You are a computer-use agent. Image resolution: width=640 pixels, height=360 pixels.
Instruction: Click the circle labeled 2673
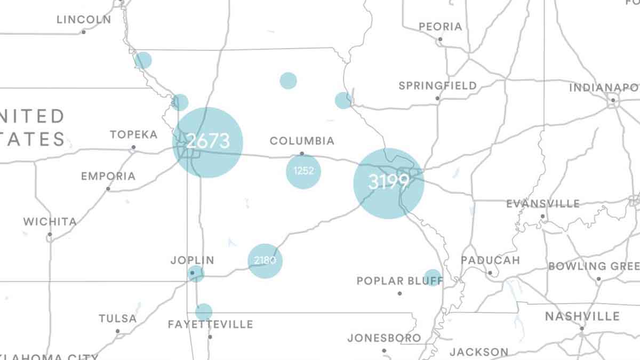[x=208, y=142]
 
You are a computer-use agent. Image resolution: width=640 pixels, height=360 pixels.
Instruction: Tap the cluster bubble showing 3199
[x=388, y=183]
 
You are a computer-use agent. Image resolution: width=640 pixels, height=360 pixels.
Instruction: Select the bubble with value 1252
[x=303, y=171]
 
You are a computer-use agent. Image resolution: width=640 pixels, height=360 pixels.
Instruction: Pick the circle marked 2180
[x=265, y=261]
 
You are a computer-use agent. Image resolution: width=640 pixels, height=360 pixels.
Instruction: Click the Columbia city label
[x=302, y=141]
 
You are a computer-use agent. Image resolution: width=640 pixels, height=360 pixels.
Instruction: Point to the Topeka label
[x=133, y=134]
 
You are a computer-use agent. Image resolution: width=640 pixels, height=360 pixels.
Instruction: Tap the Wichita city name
[x=50, y=221]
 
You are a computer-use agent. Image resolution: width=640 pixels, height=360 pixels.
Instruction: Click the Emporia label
[x=108, y=176]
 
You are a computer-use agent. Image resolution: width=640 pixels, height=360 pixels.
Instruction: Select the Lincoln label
[x=84, y=20]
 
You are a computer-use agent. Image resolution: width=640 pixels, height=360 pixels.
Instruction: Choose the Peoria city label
[x=440, y=27]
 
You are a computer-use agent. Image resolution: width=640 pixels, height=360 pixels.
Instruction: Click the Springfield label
[x=437, y=85]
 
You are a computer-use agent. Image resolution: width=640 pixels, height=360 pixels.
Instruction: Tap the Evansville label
[x=542, y=204]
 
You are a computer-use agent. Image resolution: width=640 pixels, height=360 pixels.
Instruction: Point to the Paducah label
[x=490, y=260]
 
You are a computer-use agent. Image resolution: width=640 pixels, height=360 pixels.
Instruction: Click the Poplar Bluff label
[x=392, y=281]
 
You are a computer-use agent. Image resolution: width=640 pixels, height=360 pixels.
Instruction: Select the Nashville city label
[x=582, y=317]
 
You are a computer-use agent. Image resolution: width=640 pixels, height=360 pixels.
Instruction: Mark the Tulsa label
[x=117, y=318]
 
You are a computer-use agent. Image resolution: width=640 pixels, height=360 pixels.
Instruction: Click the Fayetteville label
[x=210, y=324]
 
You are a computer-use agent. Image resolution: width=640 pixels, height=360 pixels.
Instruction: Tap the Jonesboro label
[x=384, y=338]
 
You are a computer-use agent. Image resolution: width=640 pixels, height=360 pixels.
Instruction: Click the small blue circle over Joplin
[x=196, y=274]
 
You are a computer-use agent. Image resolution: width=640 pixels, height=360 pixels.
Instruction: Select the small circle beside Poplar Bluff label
[x=433, y=277]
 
